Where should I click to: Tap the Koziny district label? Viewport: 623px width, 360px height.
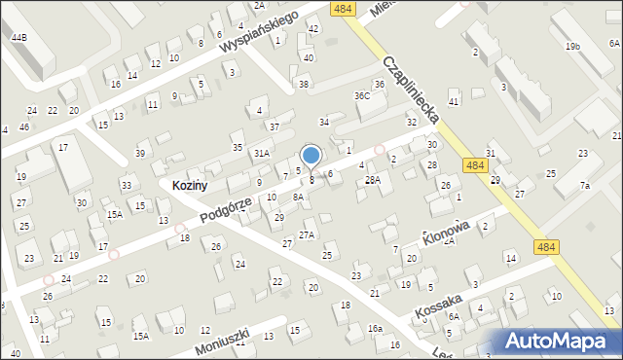191,185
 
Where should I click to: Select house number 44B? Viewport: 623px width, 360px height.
18,37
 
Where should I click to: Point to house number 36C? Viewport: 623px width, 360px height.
362,95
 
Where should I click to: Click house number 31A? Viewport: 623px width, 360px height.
261,153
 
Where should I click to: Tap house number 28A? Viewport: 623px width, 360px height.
372,180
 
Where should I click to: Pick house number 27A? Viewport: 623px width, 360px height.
307,234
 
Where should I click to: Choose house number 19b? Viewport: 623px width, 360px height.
574,46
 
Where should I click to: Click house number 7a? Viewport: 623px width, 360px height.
585,185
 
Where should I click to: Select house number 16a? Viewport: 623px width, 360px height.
375,329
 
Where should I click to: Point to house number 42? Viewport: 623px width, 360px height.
312,28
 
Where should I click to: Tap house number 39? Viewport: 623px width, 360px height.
141,154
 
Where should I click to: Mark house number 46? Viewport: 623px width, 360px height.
24,127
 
